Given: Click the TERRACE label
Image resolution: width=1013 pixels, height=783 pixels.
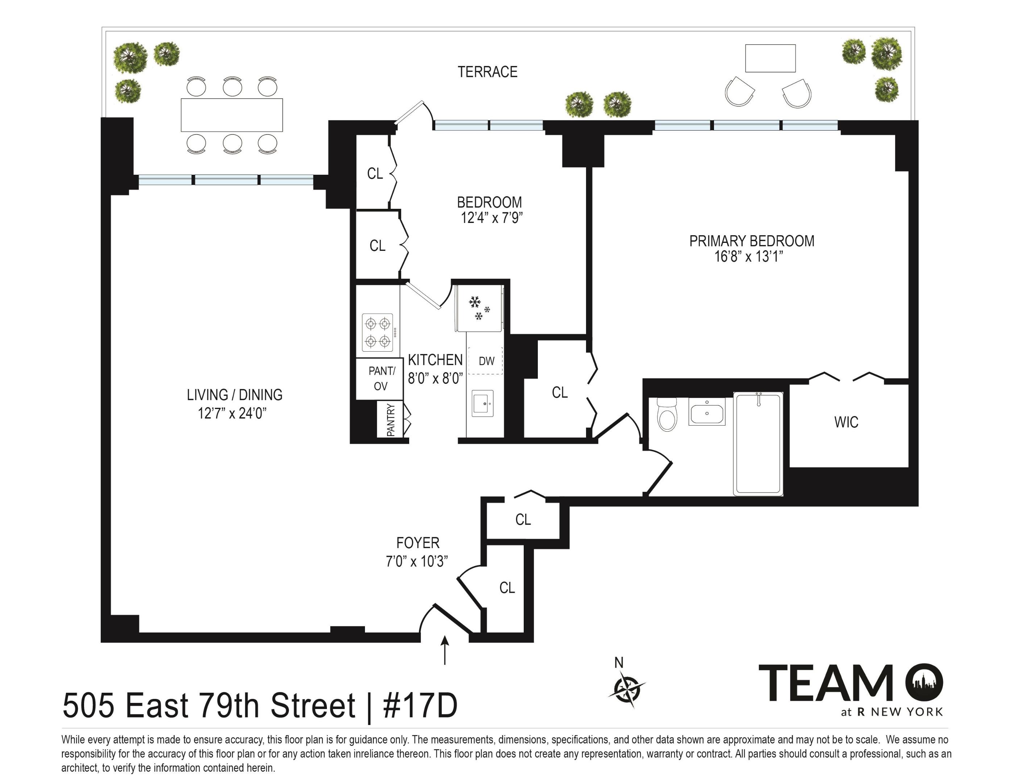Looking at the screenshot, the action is coord(487,72).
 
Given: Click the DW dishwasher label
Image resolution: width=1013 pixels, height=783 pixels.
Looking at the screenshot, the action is coord(486,361).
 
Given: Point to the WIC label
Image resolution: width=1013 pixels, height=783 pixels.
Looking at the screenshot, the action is coord(846,422).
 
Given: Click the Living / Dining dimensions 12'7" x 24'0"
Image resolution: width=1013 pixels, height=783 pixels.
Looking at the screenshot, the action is coord(232,413).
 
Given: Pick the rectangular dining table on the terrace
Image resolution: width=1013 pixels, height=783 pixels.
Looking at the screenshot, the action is coord(232,115).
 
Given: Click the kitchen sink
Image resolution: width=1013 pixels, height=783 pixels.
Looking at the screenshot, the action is coord(483,403).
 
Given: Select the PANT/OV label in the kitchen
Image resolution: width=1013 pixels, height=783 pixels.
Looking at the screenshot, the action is coord(381,378).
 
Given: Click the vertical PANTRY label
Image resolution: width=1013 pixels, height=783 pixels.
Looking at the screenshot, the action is coord(391,420).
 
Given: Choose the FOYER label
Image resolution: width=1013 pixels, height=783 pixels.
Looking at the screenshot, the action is coord(418,543).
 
